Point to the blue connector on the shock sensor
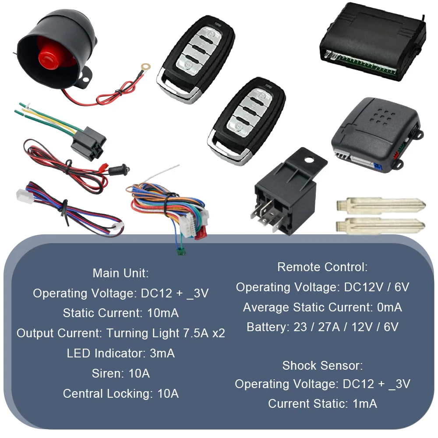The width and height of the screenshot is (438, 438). click(378, 167)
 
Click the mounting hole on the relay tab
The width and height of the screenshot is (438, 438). click(308, 160)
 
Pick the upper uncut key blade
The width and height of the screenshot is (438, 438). click(381, 206)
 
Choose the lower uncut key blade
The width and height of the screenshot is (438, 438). click(381, 225)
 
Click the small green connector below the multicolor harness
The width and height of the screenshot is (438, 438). click(181, 252)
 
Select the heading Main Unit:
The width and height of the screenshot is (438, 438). click(121, 273)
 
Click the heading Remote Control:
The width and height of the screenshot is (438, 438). click(322, 267)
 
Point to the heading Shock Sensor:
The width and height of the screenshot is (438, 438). click(323, 366)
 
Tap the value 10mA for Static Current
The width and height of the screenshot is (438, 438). click(163, 313)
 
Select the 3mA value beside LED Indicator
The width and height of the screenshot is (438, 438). click(162, 353)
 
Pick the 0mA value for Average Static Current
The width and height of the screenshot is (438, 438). click(390, 307)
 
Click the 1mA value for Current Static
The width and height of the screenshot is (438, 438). click(365, 404)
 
